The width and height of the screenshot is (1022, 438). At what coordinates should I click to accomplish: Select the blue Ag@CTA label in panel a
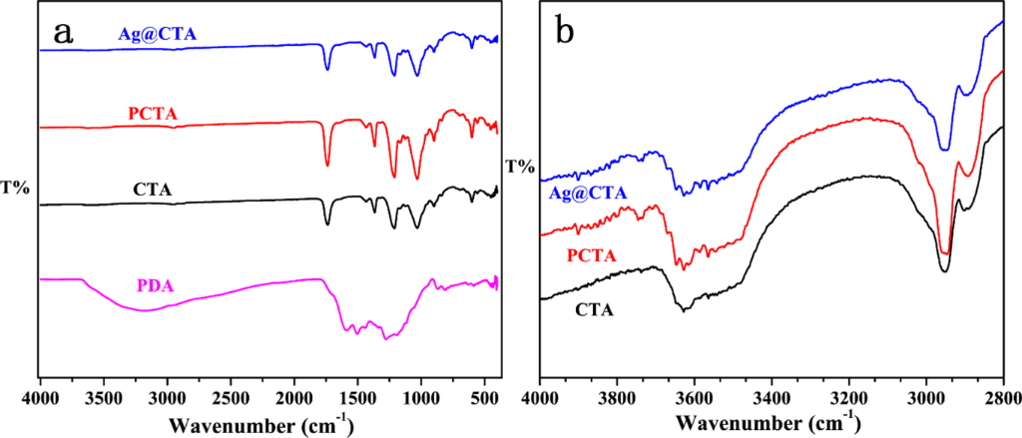click(x=152, y=35)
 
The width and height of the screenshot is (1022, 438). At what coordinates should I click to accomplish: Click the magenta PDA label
click(x=152, y=287)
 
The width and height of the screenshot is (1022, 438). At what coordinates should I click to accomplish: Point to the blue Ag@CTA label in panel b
click(x=588, y=193)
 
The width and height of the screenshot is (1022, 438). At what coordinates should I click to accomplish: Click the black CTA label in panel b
click(x=595, y=309)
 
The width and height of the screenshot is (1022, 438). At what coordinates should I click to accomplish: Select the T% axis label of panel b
click(x=519, y=166)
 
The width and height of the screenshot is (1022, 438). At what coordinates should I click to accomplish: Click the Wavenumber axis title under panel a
click(x=260, y=426)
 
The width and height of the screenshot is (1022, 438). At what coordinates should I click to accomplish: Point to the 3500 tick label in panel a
click(x=103, y=398)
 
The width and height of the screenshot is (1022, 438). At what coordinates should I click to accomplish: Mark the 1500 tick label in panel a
click(x=357, y=398)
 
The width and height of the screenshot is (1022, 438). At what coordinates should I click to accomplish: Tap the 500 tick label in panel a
click(x=484, y=398)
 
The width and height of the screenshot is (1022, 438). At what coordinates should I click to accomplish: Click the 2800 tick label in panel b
click(x=1001, y=398)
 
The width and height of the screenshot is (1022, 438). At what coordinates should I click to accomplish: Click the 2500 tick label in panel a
click(x=230, y=398)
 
